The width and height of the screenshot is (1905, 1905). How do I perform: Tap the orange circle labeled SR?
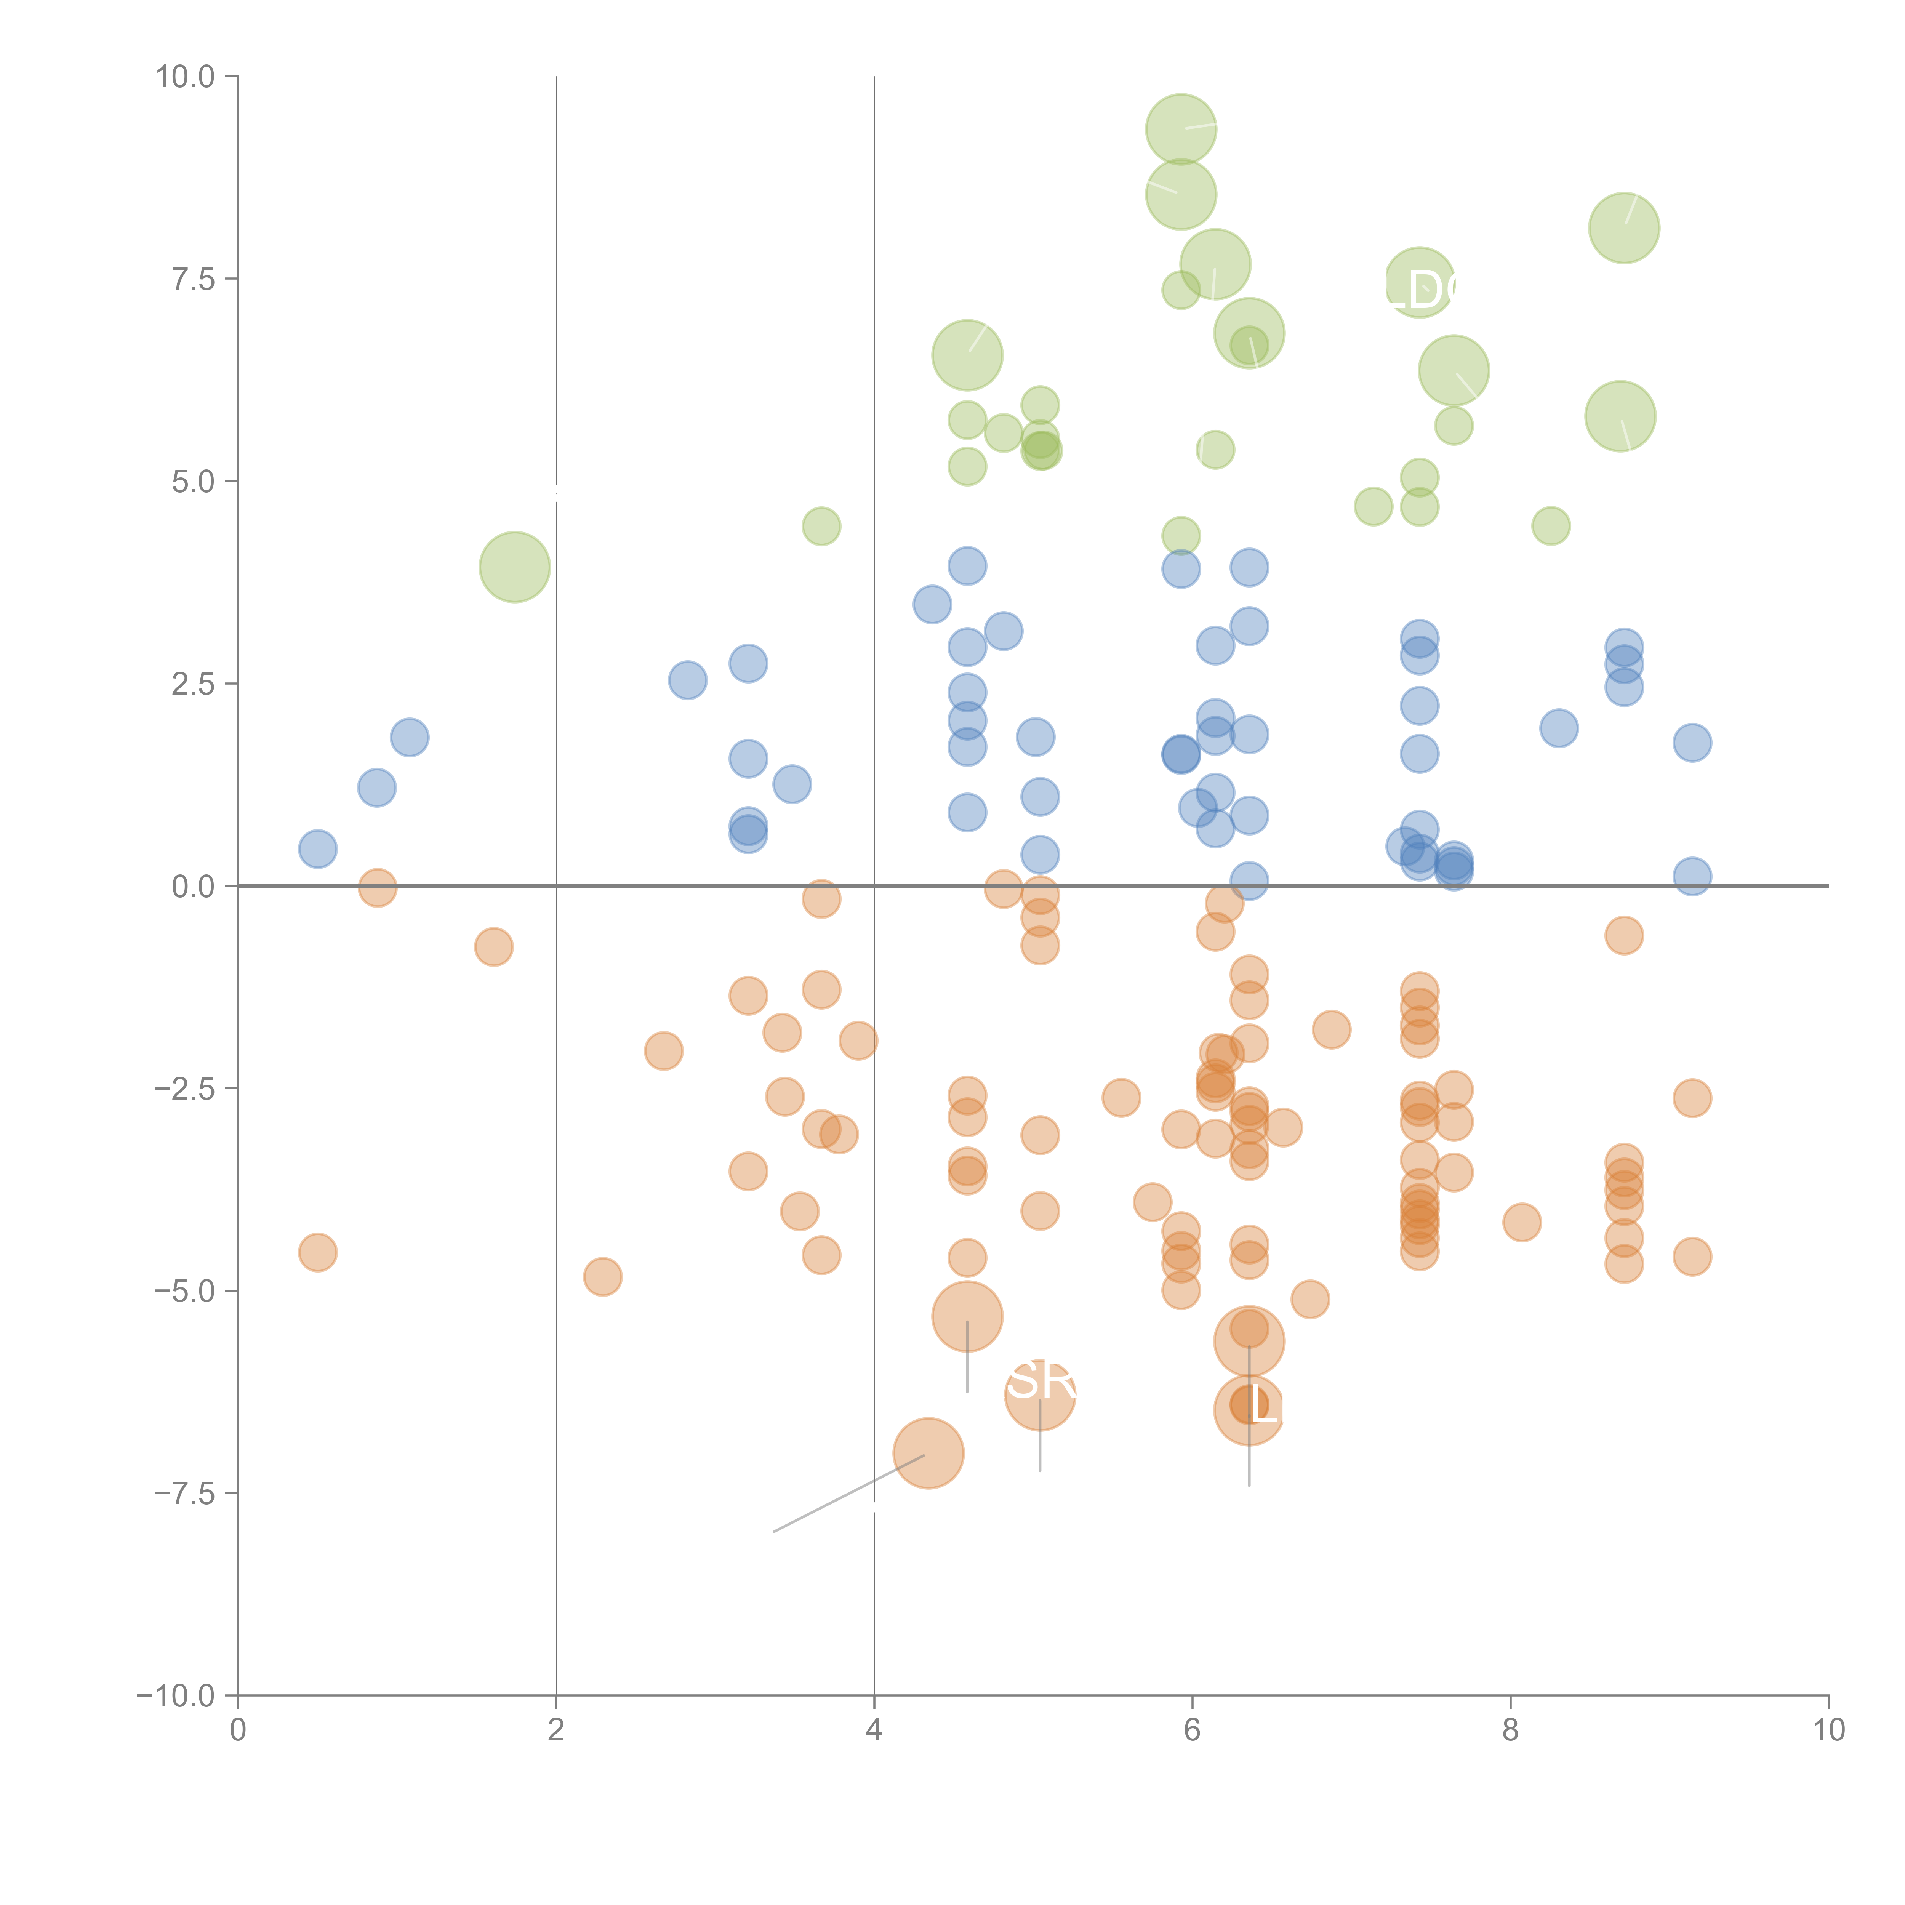1039,1393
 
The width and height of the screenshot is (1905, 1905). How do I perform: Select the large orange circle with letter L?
1248,1410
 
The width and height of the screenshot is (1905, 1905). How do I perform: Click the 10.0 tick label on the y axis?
186,77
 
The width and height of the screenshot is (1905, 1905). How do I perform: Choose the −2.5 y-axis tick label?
184,1089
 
